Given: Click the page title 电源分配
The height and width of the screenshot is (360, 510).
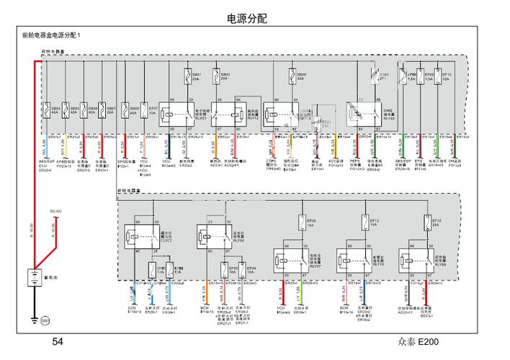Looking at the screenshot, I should click(246, 19).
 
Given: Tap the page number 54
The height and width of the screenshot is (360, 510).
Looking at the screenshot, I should click(58, 342).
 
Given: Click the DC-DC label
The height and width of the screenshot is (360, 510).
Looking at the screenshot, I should click(55, 211).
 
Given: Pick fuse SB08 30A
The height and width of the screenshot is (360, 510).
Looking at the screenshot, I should click(292, 76).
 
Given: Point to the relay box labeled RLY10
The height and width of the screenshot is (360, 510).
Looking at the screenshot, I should click(356, 261).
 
